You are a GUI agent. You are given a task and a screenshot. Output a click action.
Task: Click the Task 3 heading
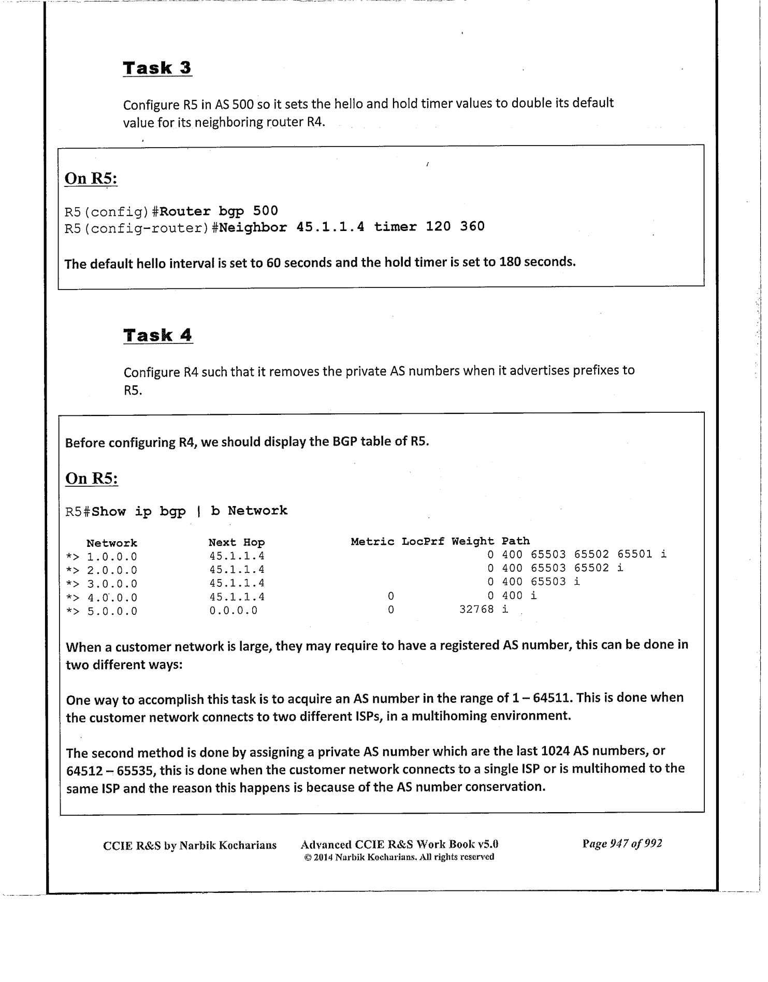[x=157, y=68]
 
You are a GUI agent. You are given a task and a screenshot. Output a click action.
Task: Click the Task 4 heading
[x=158, y=335]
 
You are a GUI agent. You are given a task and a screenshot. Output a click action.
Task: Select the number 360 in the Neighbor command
[x=472, y=226]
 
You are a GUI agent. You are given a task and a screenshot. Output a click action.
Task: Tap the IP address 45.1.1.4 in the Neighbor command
[x=330, y=227]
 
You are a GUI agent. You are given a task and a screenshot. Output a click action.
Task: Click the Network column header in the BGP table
[x=111, y=543]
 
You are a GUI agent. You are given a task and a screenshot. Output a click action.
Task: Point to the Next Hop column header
[x=237, y=542]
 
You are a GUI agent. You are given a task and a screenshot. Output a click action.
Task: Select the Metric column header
[x=373, y=541]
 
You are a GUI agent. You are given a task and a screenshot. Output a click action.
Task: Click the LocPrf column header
[x=423, y=541]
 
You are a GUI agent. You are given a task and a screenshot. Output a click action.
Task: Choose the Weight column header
[x=472, y=541]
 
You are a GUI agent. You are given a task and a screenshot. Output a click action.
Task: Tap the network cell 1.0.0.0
[x=112, y=557]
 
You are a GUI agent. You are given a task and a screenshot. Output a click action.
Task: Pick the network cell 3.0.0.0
[x=112, y=584]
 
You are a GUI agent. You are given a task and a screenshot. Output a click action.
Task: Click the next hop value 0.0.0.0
[x=233, y=611]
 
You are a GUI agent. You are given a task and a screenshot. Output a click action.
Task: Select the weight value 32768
[x=476, y=610]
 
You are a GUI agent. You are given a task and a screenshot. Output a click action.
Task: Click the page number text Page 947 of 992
[x=622, y=844]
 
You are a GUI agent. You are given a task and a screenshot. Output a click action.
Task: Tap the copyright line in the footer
[x=399, y=857]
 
